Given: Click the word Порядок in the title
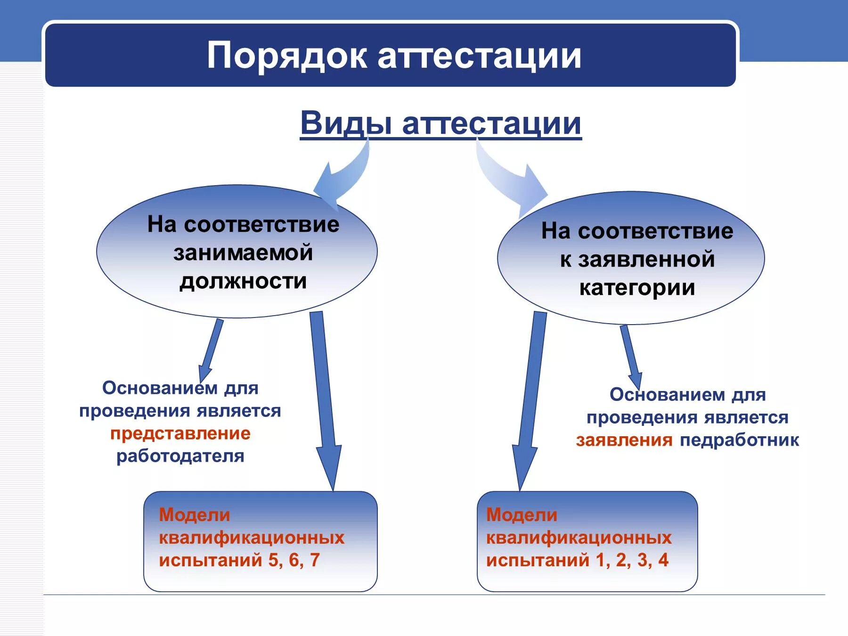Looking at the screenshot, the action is point(286,56).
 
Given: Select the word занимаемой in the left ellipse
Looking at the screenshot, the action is point(243,253).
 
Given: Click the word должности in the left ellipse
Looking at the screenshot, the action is point(243,281).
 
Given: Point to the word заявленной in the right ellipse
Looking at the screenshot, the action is point(646,260).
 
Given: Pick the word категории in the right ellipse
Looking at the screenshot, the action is point(637,288).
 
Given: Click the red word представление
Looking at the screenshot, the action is point(180,433).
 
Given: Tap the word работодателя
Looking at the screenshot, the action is point(180,456).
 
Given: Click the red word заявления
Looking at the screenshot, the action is point(624,440).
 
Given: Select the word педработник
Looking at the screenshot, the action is point(739,440).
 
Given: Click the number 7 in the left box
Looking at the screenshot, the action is point(315,560).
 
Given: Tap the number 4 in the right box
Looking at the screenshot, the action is point(663,560).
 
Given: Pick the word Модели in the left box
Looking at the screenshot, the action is point(195,515).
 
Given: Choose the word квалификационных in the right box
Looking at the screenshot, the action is point(579,538).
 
